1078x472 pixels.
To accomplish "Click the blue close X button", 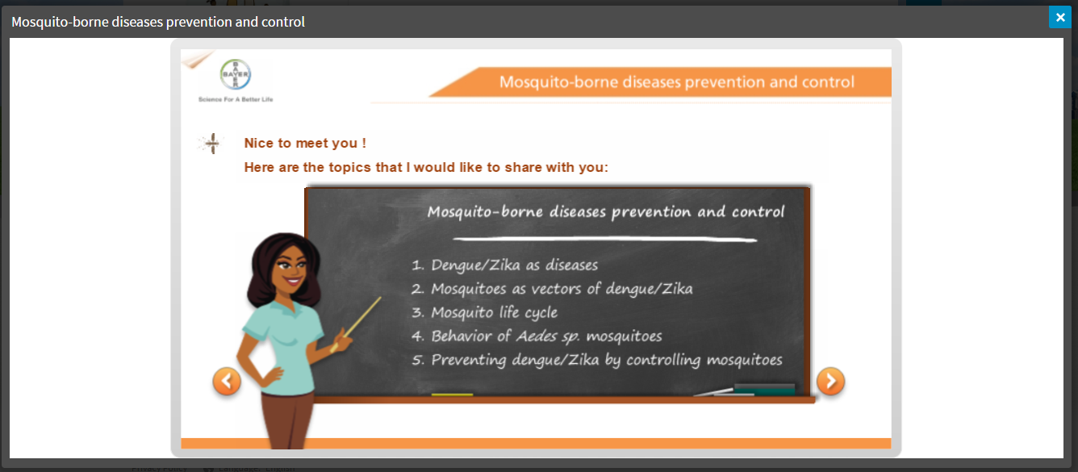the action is (x=1059, y=18).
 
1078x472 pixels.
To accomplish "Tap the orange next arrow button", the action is (x=830, y=381).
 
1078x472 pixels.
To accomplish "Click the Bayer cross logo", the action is (x=236, y=74).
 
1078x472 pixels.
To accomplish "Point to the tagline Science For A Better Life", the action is (x=236, y=99).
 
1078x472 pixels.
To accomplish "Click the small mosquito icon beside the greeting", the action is (x=211, y=144).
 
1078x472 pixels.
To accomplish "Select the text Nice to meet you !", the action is (x=305, y=143).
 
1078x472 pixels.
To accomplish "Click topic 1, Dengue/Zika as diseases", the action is (x=505, y=265).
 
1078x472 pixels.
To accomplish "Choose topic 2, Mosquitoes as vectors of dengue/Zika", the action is (x=552, y=289).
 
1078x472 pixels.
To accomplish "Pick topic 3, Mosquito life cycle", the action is (x=485, y=312).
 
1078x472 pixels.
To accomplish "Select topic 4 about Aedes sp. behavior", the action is (x=537, y=336).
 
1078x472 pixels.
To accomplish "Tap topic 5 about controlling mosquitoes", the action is (x=597, y=360).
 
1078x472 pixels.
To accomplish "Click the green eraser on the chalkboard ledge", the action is (x=764, y=388).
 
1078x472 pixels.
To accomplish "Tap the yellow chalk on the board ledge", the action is (x=452, y=395).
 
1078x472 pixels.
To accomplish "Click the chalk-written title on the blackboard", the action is (x=606, y=211).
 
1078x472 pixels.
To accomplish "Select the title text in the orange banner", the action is (x=677, y=81).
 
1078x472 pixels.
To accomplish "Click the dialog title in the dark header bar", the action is (x=158, y=22).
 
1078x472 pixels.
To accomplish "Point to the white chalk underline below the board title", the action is (x=605, y=239).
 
